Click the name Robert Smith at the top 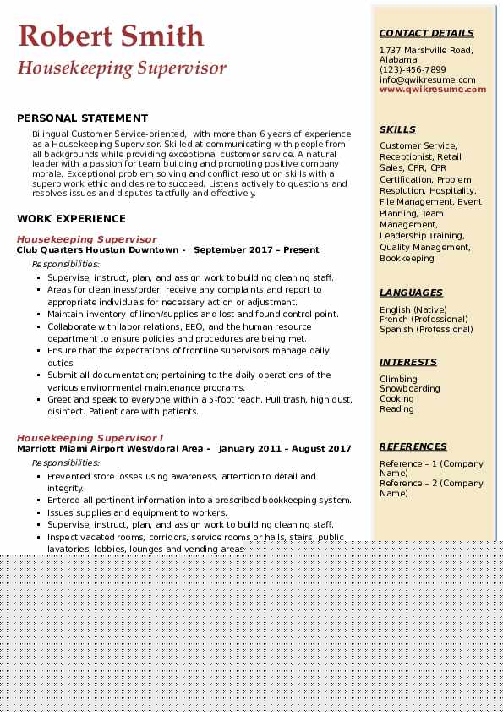coord(111,36)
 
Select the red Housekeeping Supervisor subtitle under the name coord(122,68)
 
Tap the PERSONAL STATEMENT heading coord(82,118)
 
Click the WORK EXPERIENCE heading coord(71,218)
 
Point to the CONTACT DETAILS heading coord(426,34)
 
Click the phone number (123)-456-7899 coord(413,70)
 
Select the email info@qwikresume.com coord(427,79)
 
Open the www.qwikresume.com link coord(433,89)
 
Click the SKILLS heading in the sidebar coord(397,130)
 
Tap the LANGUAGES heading coord(411,293)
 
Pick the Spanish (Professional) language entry coord(426,330)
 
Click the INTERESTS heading coord(408,362)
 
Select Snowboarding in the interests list coord(409,389)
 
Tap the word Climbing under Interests coord(398,380)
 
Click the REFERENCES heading coord(413,446)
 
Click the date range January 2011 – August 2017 coord(285,449)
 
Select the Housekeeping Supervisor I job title coord(90,438)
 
